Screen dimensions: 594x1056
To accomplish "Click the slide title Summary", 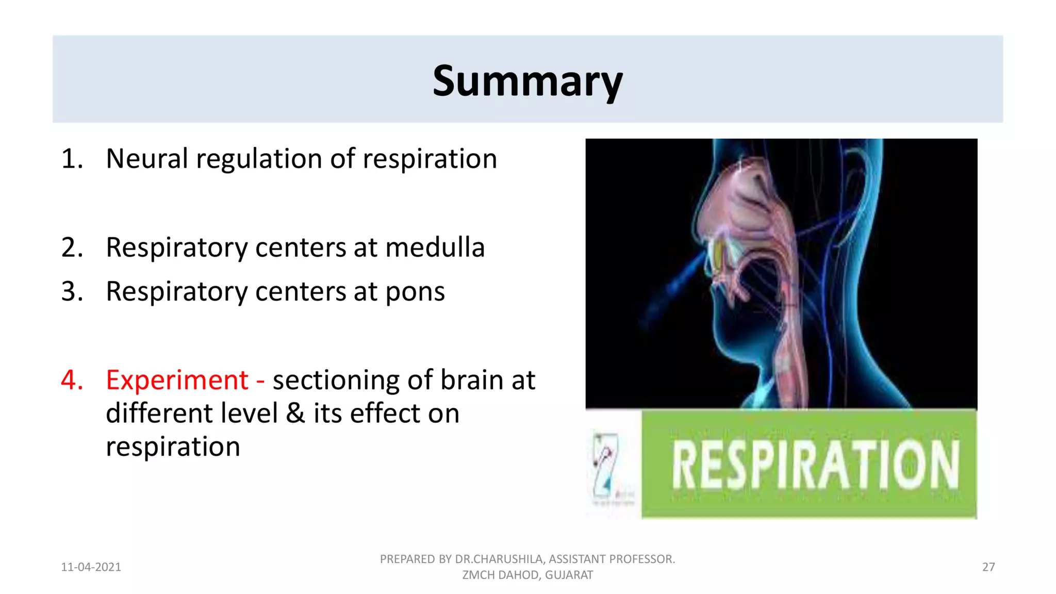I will click(x=527, y=81).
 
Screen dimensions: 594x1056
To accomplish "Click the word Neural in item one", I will click(x=146, y=158).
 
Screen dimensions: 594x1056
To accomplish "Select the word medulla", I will click(x=435, y=247).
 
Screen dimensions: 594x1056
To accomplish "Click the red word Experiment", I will click(x=177, y=381).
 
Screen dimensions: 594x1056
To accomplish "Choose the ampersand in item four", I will click(x=295, y=414).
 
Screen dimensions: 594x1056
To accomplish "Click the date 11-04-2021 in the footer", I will click(x=91, y=567).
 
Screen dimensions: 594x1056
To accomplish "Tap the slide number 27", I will click(x=988, y=567).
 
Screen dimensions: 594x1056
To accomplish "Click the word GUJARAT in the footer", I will click(x=569, y=575).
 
